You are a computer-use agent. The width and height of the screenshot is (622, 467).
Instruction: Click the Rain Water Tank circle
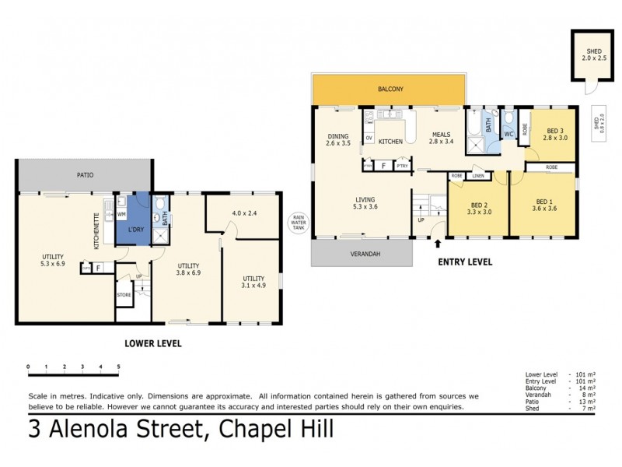point(297,222)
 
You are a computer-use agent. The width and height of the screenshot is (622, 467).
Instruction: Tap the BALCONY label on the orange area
point(390,90)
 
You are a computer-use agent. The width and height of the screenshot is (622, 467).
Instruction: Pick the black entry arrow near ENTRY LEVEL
point(437,244)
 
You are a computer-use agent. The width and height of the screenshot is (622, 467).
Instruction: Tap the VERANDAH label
point(362,254)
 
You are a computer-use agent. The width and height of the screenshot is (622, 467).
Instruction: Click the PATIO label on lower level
point(85,175)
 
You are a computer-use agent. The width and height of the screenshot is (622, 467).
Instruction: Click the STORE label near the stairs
point(124,295)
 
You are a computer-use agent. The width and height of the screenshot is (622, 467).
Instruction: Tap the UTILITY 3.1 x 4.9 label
point(253,282)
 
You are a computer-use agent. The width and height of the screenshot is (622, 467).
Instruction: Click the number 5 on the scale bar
point(118,366)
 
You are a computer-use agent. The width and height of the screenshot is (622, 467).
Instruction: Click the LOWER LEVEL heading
point(154,342)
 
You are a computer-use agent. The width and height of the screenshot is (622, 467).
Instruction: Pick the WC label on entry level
point(508,135)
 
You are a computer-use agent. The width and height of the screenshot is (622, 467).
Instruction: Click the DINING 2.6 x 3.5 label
point(338,139)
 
